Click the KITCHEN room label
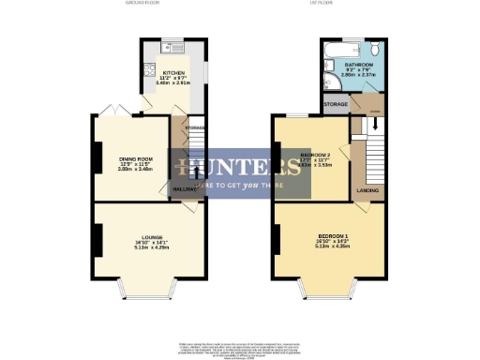point(173,71)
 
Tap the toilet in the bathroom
point(374,51)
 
